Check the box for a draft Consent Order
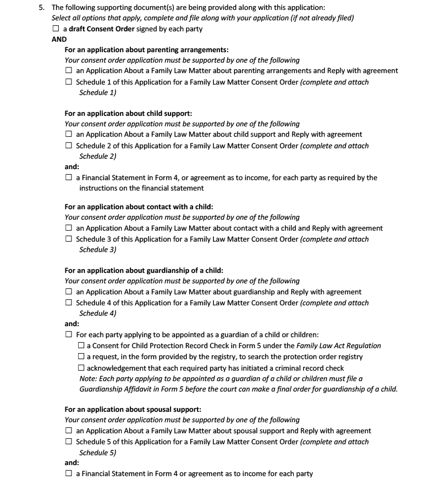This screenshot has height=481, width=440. [x=56, y=29]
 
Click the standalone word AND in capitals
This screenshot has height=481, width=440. [x=59, y=40]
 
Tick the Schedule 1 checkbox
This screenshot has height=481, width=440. [x=69, y=82]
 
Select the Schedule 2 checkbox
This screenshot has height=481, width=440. [x=69, y=146]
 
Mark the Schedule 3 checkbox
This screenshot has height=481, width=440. [x=69, y=239]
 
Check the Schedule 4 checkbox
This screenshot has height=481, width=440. [x=69, y=303]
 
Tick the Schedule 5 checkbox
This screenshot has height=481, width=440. [x=69, y=441]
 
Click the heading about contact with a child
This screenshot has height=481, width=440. [x=139, y=207]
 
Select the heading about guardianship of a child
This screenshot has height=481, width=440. [x=144, y=271]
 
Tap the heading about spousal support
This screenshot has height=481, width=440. [x=133, y=410]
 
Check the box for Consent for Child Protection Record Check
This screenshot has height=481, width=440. [x=81, y=346]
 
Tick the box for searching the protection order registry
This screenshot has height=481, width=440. [x=81, y=357]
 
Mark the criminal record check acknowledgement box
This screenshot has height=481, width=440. [x=81, y=368]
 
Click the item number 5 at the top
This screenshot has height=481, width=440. [x=41, y=8]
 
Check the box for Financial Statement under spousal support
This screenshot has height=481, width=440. [x=69, y=473]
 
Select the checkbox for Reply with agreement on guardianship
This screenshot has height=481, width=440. [x=69, y=292]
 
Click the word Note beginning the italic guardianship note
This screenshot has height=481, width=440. [x=88, y=379]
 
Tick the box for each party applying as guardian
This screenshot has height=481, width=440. [x=69, y=334]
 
